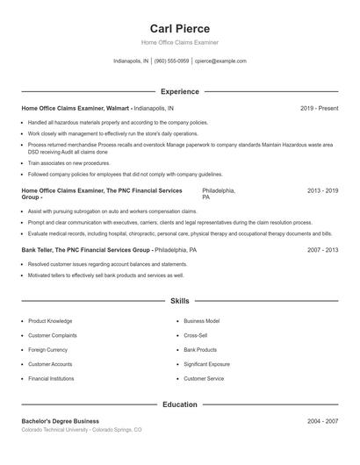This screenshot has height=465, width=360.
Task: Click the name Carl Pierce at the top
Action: click(179, 28)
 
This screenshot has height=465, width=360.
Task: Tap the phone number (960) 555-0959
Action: click(172, 61)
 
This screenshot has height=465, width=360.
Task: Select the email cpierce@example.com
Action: click(220, 61)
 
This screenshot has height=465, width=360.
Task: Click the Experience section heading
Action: click(179, 91)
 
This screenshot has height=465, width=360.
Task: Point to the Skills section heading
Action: click(179, 301)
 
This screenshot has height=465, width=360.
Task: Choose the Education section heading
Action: click(179, 404)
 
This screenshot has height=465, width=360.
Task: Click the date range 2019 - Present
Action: click(319, 108)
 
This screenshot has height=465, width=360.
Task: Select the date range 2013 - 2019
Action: click(322, 190)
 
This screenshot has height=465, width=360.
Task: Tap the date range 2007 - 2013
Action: click(322, 250)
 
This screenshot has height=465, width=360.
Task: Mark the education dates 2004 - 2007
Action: click(322, 421)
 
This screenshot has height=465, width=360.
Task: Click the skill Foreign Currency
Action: click(47, 349)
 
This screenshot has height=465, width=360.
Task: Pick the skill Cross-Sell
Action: click(195, 335)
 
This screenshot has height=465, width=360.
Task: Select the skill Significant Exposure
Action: click(206, 363)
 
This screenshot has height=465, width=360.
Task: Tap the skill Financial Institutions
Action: click(51, 378)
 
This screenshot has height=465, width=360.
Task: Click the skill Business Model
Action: click(201, 321)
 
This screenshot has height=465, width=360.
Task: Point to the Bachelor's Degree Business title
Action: click(61, 421)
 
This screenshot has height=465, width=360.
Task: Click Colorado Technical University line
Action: click(81, 430)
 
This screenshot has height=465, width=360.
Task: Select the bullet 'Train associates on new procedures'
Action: click(68, 163)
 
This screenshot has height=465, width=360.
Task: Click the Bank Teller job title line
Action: click(109, 250)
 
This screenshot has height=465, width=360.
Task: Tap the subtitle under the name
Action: click(179, 42)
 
